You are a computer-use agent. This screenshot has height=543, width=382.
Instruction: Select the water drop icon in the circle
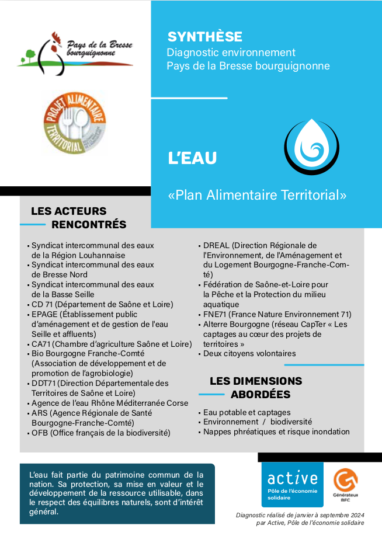coord(311,146)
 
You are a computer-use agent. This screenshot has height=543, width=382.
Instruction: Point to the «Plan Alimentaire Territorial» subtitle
coord(257,194)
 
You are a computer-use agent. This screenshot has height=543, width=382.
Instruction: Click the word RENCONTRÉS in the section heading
coord(89,224)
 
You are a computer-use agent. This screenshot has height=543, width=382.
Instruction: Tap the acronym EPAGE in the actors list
coord(44,314)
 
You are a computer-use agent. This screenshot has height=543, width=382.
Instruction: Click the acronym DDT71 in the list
coord(44,383)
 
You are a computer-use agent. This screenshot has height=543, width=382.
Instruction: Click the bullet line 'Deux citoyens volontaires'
coord(249,353)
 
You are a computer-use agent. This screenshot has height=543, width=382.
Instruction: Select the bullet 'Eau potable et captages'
coord(246,412)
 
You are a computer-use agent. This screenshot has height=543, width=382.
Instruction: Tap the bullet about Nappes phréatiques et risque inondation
coord(276,431)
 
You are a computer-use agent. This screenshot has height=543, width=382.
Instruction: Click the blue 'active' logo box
coord(292,484)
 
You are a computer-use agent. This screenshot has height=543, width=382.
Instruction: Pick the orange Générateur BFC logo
coord(346,482)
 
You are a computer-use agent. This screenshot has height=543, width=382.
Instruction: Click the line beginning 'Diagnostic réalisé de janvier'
coord(300,514)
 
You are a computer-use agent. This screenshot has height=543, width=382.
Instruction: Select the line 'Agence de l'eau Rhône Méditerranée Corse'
coord(110,403)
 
